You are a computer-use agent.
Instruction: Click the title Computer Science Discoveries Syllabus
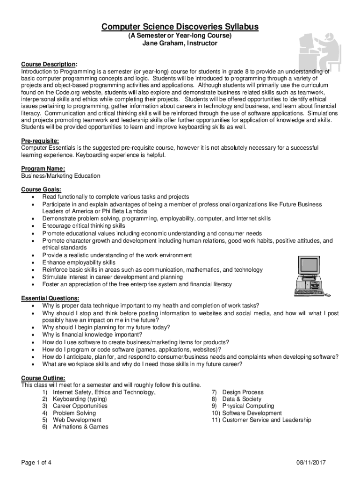point(180,27)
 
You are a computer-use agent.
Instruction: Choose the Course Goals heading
point(41,189)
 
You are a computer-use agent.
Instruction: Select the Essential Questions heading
point(50,298)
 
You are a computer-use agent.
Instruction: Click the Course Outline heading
point(43,378)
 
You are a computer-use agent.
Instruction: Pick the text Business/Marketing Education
point(61,176)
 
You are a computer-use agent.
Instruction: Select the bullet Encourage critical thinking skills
point(84,226)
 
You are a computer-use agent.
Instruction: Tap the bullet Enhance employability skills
point(79,262)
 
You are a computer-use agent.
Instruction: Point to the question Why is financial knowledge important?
point(92,334)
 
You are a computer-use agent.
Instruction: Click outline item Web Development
point(77,420)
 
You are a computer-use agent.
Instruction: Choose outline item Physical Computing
point(248,406)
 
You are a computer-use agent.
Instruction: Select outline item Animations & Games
point(80,427)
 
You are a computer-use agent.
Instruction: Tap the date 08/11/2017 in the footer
point(311,463)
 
